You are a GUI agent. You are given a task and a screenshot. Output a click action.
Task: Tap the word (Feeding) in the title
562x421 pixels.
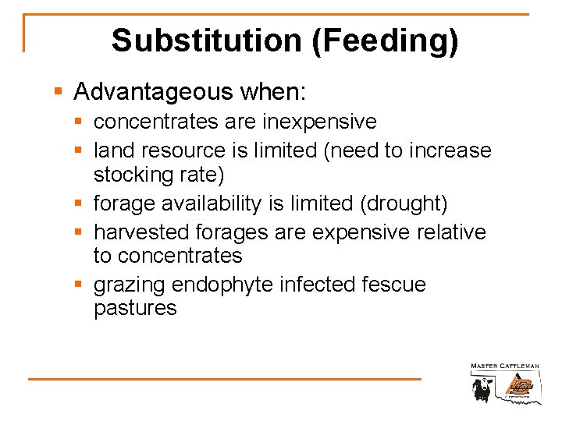coord(385,41)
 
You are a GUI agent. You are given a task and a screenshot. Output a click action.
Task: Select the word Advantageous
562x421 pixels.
coord(154,92)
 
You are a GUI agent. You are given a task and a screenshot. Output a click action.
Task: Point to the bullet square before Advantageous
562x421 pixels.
coord(58,93)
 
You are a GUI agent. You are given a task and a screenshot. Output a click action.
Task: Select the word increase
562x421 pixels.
coord(453,150)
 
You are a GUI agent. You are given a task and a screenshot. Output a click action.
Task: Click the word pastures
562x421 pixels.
coord(135,308)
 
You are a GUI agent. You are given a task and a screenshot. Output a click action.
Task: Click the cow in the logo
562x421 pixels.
coord(481,388)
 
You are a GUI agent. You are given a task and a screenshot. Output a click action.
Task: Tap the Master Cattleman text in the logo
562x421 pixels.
coord(505,366)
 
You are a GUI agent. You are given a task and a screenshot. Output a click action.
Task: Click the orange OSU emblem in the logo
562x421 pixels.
coord(518,386)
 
